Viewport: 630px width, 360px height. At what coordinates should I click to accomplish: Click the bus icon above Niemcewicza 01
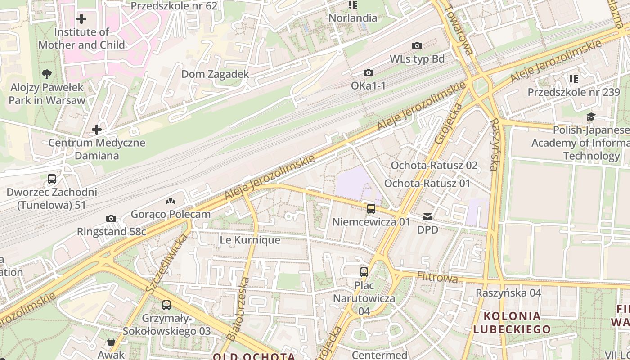point(371,208)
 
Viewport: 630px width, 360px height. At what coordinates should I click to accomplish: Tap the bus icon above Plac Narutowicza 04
point(364,272)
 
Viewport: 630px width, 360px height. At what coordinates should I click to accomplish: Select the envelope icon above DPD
point(427,217)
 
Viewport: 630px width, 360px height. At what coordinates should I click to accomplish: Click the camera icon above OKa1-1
point(368,72)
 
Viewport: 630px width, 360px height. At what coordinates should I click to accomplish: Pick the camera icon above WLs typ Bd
point(417,45)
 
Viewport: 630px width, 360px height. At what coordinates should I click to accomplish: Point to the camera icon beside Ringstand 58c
point(111,219)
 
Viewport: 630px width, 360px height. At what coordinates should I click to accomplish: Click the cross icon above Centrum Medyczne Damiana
point(96,130)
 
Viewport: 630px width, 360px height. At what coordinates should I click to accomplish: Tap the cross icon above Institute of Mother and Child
point(81,19)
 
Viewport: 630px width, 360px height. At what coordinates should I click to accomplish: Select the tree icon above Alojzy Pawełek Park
point(46,74)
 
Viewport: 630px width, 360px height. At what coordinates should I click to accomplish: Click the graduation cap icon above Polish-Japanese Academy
point(591,117)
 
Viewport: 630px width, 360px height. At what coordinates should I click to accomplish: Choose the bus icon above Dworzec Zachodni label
point(52,179)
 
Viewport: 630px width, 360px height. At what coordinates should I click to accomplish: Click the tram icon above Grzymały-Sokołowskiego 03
point(166,305)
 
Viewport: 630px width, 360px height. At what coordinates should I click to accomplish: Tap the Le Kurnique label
point(250,240)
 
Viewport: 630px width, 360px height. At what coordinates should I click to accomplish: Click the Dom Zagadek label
point(215,74)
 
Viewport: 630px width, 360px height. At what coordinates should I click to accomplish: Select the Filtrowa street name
point(437,278)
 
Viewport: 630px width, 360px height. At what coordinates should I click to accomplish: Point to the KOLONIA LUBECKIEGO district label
point(512,322)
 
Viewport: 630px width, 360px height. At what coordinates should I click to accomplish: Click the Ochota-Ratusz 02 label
point(434,165)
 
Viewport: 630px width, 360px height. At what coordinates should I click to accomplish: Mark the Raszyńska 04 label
point(508,293)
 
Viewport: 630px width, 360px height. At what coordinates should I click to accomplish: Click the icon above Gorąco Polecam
point(170,201)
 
